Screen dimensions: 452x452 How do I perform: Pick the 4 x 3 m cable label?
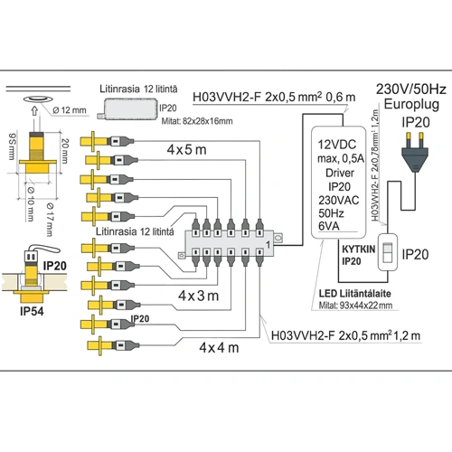199,296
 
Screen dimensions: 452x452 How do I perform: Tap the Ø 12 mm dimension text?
70,110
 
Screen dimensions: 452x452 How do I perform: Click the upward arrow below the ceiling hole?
34,111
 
